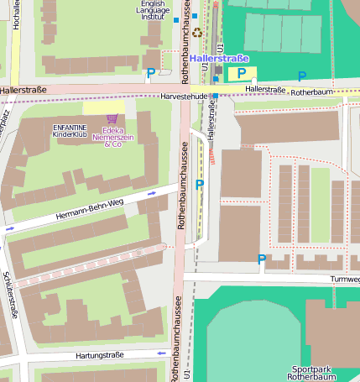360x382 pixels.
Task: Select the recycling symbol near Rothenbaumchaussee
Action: click(197, 33)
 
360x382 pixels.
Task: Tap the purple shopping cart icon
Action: click(112, 119)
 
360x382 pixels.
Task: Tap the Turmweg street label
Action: click(345, 279)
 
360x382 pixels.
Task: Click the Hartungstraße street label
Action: click(99, 356)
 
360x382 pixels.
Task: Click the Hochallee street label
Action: click(16, 15)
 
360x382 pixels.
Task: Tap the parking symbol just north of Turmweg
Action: click(262, 259)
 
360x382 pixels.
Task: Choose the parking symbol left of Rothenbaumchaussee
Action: click(150, 73)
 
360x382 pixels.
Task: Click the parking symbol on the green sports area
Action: click(302, 76)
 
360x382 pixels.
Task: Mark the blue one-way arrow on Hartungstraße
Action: click(162, 353)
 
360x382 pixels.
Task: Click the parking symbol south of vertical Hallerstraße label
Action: click(199, 184)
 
